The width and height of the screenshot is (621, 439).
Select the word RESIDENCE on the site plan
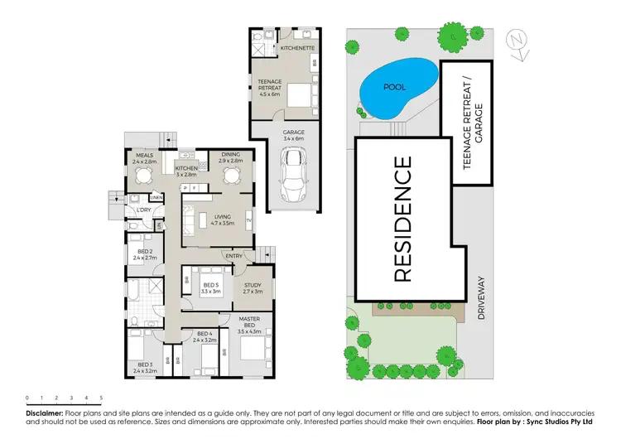pyautogui.click(x=402, y=219)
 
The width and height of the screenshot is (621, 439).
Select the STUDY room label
pyautogui.click(x=253, y=285)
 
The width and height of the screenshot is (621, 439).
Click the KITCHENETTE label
pyautogui.click(x=296, y=49)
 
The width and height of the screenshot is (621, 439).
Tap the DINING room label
pyautogui.click(x=231, y=154)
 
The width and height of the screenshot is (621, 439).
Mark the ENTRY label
pyautogui.click(x=235, y=256)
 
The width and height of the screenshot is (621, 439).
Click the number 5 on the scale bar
pyautogui.click(x=101, y=398)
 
